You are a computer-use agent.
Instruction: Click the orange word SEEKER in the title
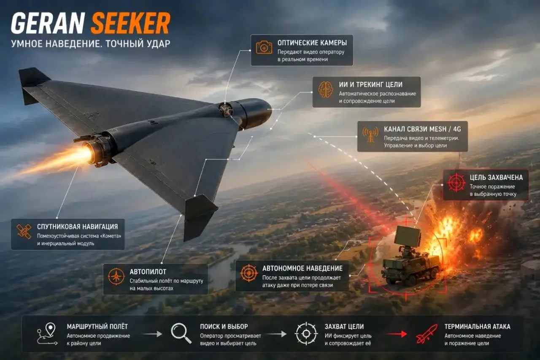click(x=131, y=23)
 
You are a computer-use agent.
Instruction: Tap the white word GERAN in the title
click(x=48, y=23)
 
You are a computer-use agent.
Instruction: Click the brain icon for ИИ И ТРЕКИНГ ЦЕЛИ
click(x=325, y=89)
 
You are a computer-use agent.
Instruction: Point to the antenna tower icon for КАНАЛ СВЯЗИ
click(x=370, y=135)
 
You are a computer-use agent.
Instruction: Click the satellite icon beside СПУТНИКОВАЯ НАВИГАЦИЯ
click(x=24, y=231)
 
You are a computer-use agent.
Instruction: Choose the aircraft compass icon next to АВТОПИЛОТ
click(x=116, y=276)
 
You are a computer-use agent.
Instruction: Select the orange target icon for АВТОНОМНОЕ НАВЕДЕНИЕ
click(x=249, y=273)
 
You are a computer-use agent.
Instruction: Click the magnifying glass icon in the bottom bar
click(x=181, y=333)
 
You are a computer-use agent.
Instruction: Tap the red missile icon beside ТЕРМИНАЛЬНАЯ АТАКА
click(x=427, y=334)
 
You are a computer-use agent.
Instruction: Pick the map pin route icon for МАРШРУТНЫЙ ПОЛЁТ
click(x=47, y=333)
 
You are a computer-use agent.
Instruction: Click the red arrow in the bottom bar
click(x=397, y=334)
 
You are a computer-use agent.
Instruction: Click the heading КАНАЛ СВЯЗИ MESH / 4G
click(x=422, y=129)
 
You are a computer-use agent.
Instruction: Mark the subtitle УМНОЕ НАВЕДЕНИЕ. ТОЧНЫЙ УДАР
click(x=91, y=43)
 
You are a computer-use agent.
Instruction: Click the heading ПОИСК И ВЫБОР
click(x=224, y=327)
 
